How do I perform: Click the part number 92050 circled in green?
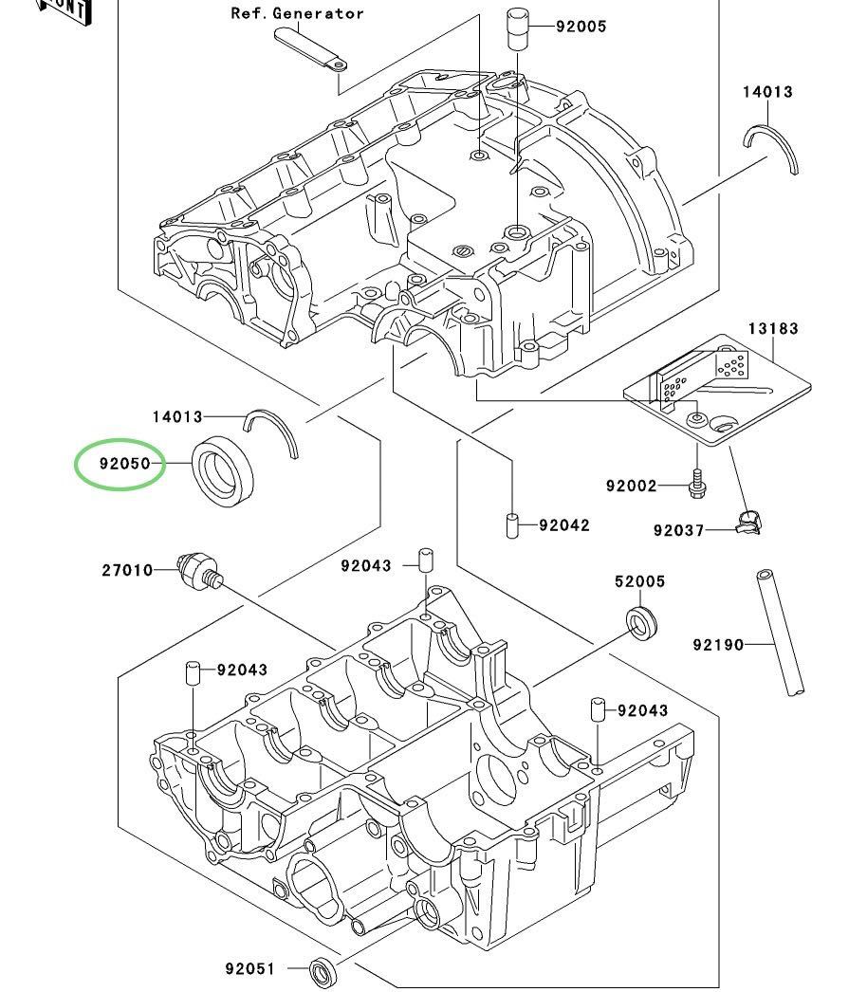(x=124, y=465)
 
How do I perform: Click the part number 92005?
(x=581, y=27)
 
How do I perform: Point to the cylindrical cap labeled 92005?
(x=517, y=29)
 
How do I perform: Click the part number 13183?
(x=772, y=328)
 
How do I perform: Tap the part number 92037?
(x=678, y=530)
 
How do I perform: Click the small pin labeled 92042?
(x=512, y=524)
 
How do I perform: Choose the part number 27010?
(x=127, y=570)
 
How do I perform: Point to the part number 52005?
(x=639, y=581)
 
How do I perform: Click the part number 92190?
(x=718, y=645)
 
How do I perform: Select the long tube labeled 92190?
(x=780, y=633)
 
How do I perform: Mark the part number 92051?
(x=249, y=968)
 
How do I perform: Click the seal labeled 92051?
(x=323, y=970)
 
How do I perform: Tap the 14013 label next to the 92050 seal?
(x=177, y=416)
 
